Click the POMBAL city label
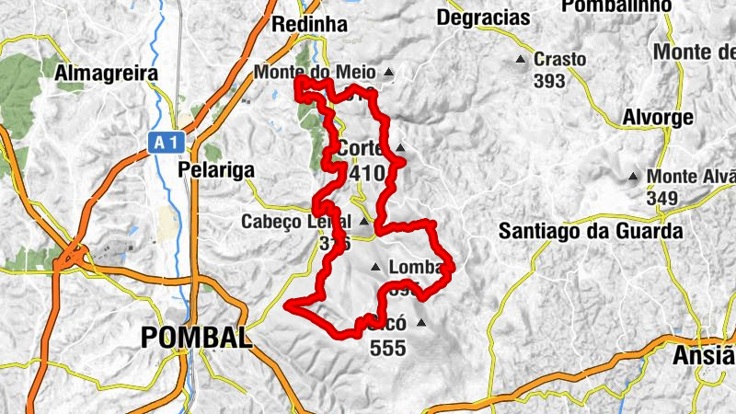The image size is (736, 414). tap(196, 338)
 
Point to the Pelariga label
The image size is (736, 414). tap(216, 170)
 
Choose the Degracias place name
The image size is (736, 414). tap(484, 17)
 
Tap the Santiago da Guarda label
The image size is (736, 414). tap(591, 231)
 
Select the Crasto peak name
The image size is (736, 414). tap(559, 59)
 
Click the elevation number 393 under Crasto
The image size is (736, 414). tap(549, 80)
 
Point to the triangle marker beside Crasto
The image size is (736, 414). tap(523, 60)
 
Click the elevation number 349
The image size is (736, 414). tap(661, 198)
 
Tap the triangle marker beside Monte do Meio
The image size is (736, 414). tap(390, 72)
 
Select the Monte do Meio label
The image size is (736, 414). tap(315, 72)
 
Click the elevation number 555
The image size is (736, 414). tap(386, 349)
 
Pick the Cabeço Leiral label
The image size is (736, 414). tap(296, 222)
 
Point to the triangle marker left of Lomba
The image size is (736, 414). tap(374, 268)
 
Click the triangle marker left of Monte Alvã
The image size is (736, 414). tap(633, 176)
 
